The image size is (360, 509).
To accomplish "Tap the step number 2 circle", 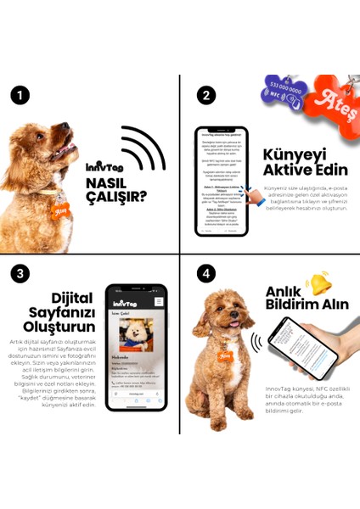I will pos(205,95).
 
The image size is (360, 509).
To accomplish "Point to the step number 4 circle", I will pos(205,274).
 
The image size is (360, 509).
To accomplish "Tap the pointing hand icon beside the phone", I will pos(252,197).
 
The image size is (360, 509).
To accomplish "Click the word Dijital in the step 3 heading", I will pos(59,298).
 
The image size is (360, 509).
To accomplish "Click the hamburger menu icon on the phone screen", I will pos(159,301).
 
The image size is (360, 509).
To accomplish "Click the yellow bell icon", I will pos(319,282).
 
